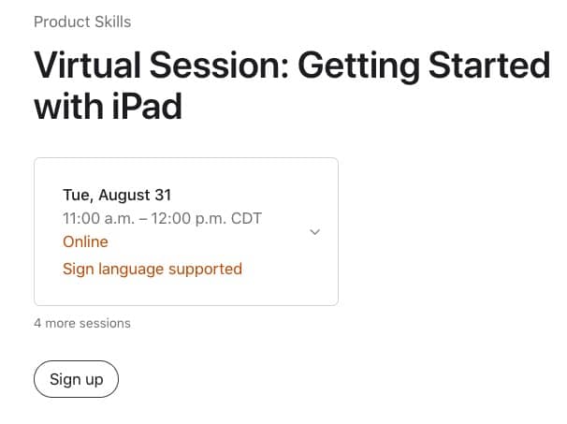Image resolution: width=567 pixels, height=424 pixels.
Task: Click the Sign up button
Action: pyautogui.click(x=77, y=379)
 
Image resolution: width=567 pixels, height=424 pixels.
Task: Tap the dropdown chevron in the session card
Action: pyautogui.click(x=315, y=232)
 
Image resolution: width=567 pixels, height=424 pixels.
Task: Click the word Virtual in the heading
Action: pyautogui.click(x=87, y=66)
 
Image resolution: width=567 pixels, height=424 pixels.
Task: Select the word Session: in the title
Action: pyautogui.click(x=219, y=66)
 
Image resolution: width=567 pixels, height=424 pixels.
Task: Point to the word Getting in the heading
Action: pyautogui.click(x=358, y=67)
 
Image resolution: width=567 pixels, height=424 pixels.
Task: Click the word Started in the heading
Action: pyautogui.click(x=489, y=66)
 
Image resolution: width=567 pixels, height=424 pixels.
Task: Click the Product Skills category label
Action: pyautogui.click(x=82, y=22)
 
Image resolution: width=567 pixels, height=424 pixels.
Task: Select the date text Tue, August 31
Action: pyautogui.click(x=117, y=195)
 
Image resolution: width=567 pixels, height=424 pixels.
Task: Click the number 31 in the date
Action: pyautogui.click(x=163, y=195)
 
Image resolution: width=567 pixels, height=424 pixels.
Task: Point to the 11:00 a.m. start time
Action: pyautogui.click(x=98, y=218)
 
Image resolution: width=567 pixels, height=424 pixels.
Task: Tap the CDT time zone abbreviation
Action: pyautogui.click(x=246, y=218)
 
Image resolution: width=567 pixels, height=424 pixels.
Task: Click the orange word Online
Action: pyautogui.click(x=85, y=241)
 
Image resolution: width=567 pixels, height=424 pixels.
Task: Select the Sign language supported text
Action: pyautogui.click(x=153, y=270)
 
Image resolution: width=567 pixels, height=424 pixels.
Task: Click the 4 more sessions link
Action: pyautogui.click(x=82, y=323)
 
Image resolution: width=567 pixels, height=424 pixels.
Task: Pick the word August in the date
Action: pyautogui.click(x=124, y=196)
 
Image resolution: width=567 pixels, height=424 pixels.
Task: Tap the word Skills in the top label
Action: pyautogui.click(x=112, y=22)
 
